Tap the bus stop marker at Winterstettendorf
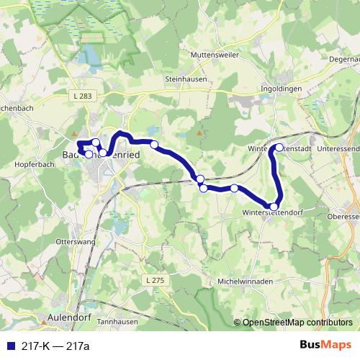click(274, 207)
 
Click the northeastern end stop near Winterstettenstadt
click(279, 147)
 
